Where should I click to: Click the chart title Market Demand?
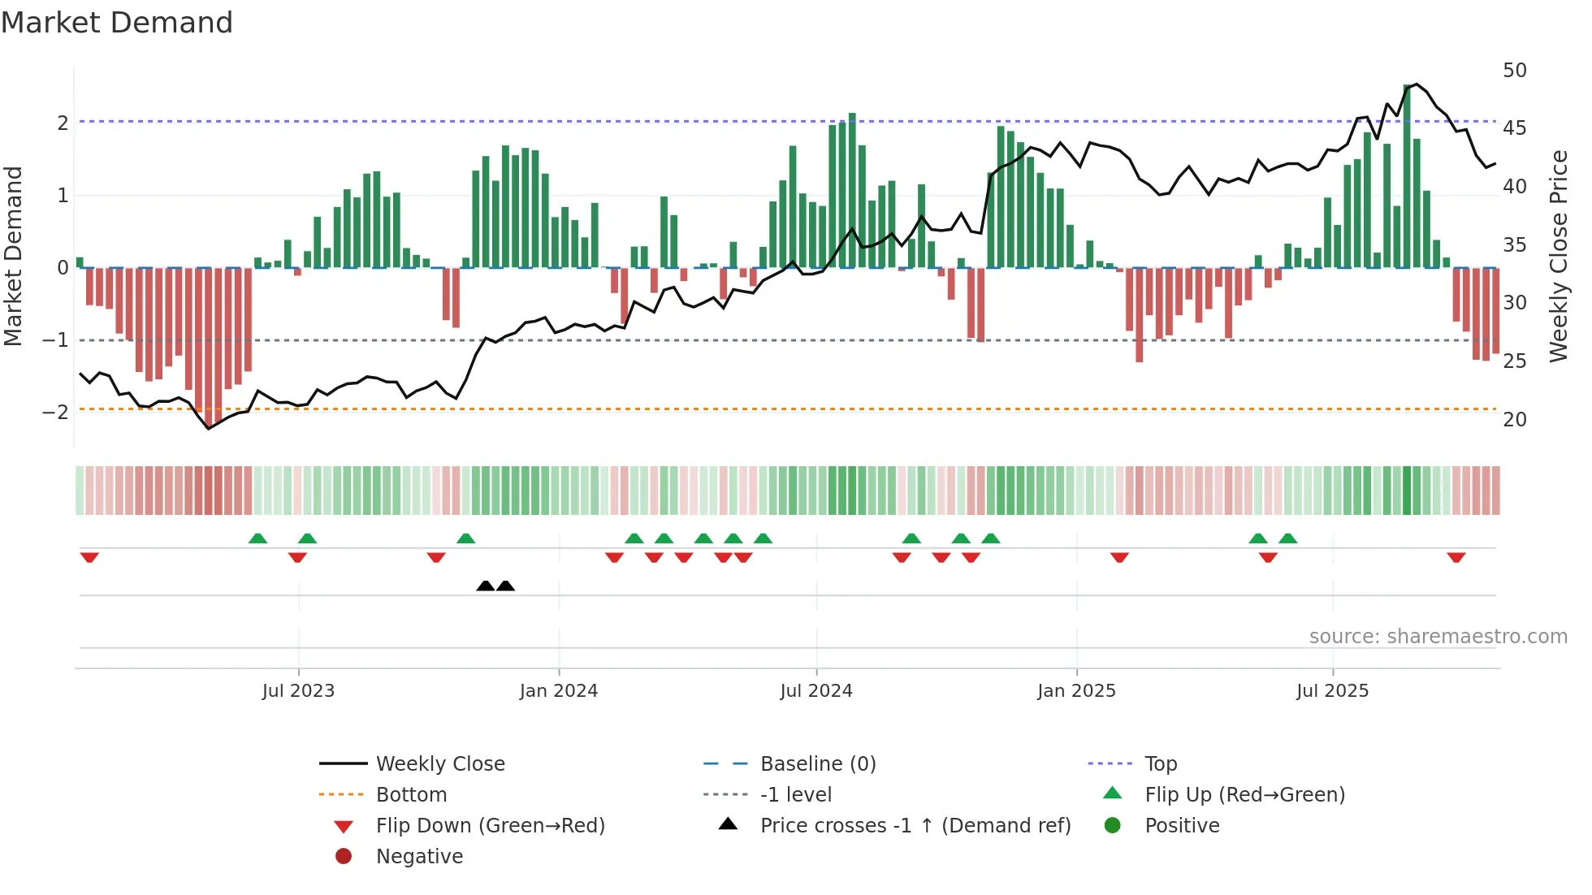pos(117,23)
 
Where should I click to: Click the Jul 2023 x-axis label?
pos(298,691)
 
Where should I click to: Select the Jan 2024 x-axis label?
pos(559,691)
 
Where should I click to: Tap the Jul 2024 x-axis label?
pos(816,691)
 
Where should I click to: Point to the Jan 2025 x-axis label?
pos(1076,691)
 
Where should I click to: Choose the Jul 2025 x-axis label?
pos(1333,691)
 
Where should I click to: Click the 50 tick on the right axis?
pos(1515,71)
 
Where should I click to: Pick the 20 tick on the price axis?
pos(1515,420)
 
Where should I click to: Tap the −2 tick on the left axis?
pos(55,413)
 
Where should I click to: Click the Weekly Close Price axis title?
pos(1558,256)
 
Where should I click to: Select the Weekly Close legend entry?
pos(439,764)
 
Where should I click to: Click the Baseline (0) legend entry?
pos(817,764)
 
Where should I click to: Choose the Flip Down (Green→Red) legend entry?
pos(490,826)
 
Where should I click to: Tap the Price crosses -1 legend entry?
pos(915,826)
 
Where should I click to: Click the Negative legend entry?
pos(419,857)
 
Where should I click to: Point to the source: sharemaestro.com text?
pos(1438,637)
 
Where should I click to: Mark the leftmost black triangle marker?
pos(485,586)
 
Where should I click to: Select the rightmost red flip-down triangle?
pos(1456,557)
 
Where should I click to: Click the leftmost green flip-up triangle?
pos(257,538)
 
